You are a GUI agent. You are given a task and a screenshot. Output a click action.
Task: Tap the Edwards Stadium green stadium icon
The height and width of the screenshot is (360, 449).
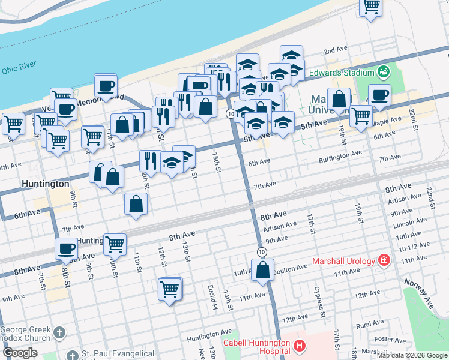[x=384, y=73]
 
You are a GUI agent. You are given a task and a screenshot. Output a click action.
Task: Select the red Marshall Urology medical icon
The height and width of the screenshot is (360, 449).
[x=383, y=261]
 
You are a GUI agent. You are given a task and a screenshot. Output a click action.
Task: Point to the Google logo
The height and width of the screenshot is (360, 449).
[x=20, y=353]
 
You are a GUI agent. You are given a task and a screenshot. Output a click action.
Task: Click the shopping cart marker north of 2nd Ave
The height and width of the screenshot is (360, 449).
[x=371, y=6]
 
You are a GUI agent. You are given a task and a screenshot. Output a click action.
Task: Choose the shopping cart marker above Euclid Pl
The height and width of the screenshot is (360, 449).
[x=170, y=289]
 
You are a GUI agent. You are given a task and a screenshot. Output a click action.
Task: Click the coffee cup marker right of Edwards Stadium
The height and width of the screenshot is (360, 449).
[x=379, y=94]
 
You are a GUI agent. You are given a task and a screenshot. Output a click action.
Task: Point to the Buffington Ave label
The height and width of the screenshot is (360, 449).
[x=340, y=153]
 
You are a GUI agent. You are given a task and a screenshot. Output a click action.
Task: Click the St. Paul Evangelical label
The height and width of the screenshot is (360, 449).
[x=118, y=354]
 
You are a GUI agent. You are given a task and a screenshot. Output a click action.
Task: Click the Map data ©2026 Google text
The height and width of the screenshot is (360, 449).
[x=412, y=355]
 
